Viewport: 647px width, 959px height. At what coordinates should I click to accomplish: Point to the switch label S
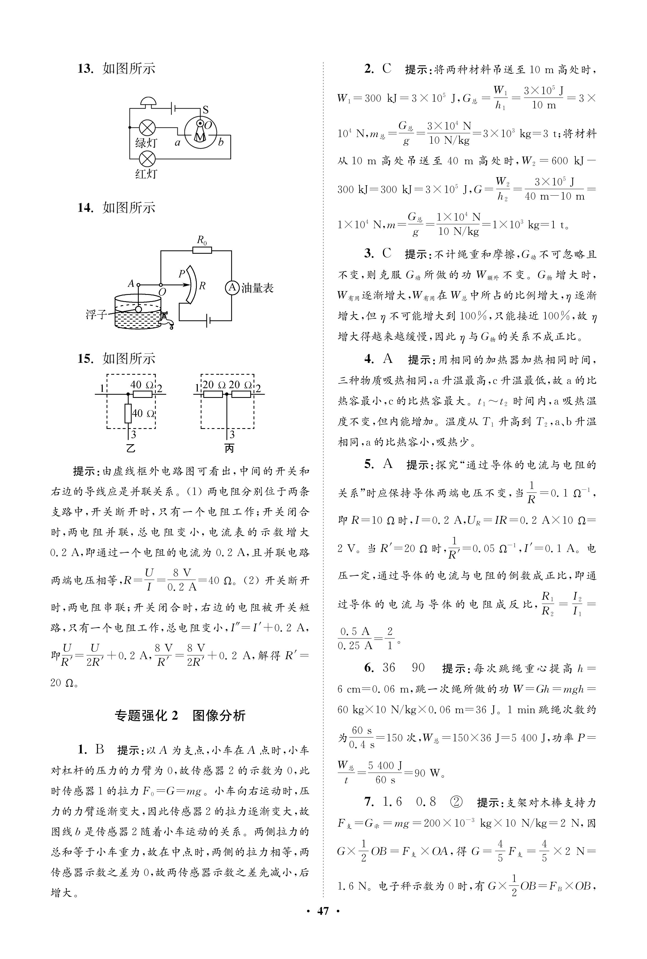pos(205,110)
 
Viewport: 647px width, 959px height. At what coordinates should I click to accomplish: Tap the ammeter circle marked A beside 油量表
pos(232,288)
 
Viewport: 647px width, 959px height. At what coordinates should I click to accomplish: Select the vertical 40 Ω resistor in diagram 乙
pos(128,413)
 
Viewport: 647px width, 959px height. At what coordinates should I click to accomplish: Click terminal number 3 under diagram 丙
pos(232,434)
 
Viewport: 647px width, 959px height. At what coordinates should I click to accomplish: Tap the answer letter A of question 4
pos(388,359)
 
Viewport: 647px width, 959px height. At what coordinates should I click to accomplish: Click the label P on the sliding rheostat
pos(182,273)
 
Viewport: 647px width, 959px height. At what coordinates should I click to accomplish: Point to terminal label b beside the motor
pos(221,142)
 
